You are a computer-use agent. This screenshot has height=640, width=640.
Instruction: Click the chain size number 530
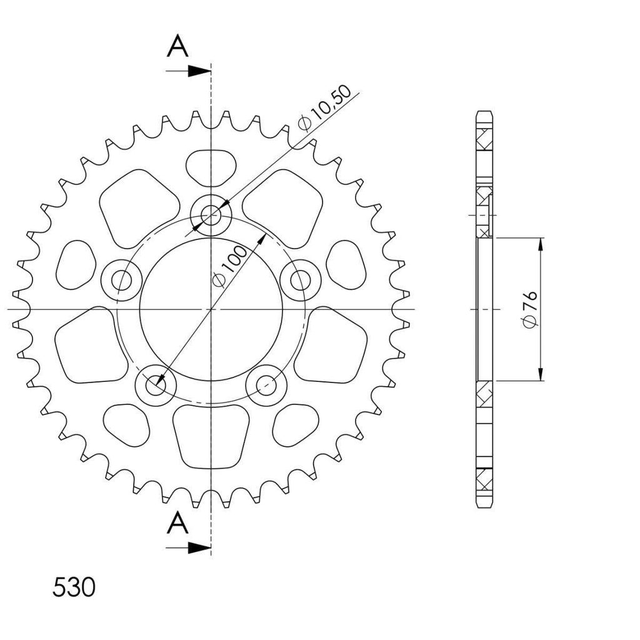pyautogui.click(x=74, y=587)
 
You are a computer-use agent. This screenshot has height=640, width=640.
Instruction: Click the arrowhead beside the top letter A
pyautogui.click(x=199, y=71)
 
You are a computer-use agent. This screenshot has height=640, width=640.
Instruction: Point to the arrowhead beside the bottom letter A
pyautogui.click(x=199, y=548)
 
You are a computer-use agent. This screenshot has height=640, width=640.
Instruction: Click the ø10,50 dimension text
pyautogui.click(x=325, y=107)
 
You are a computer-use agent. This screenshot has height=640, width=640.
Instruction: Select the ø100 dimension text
pyautogui.click(x=230, y=266)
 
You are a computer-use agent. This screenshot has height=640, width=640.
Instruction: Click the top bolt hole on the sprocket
pyautogui.click(x=211, y=214)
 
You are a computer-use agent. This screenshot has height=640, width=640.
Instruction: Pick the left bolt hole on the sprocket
pyautogui.click(x=121, y=280)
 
